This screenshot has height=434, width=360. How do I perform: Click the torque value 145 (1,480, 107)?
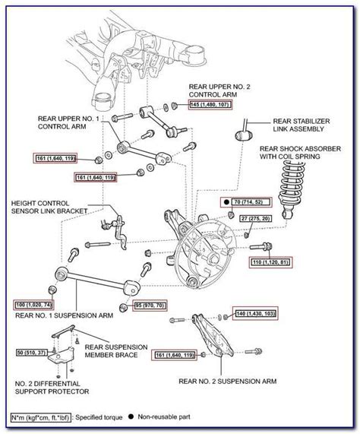pos(211,103)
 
